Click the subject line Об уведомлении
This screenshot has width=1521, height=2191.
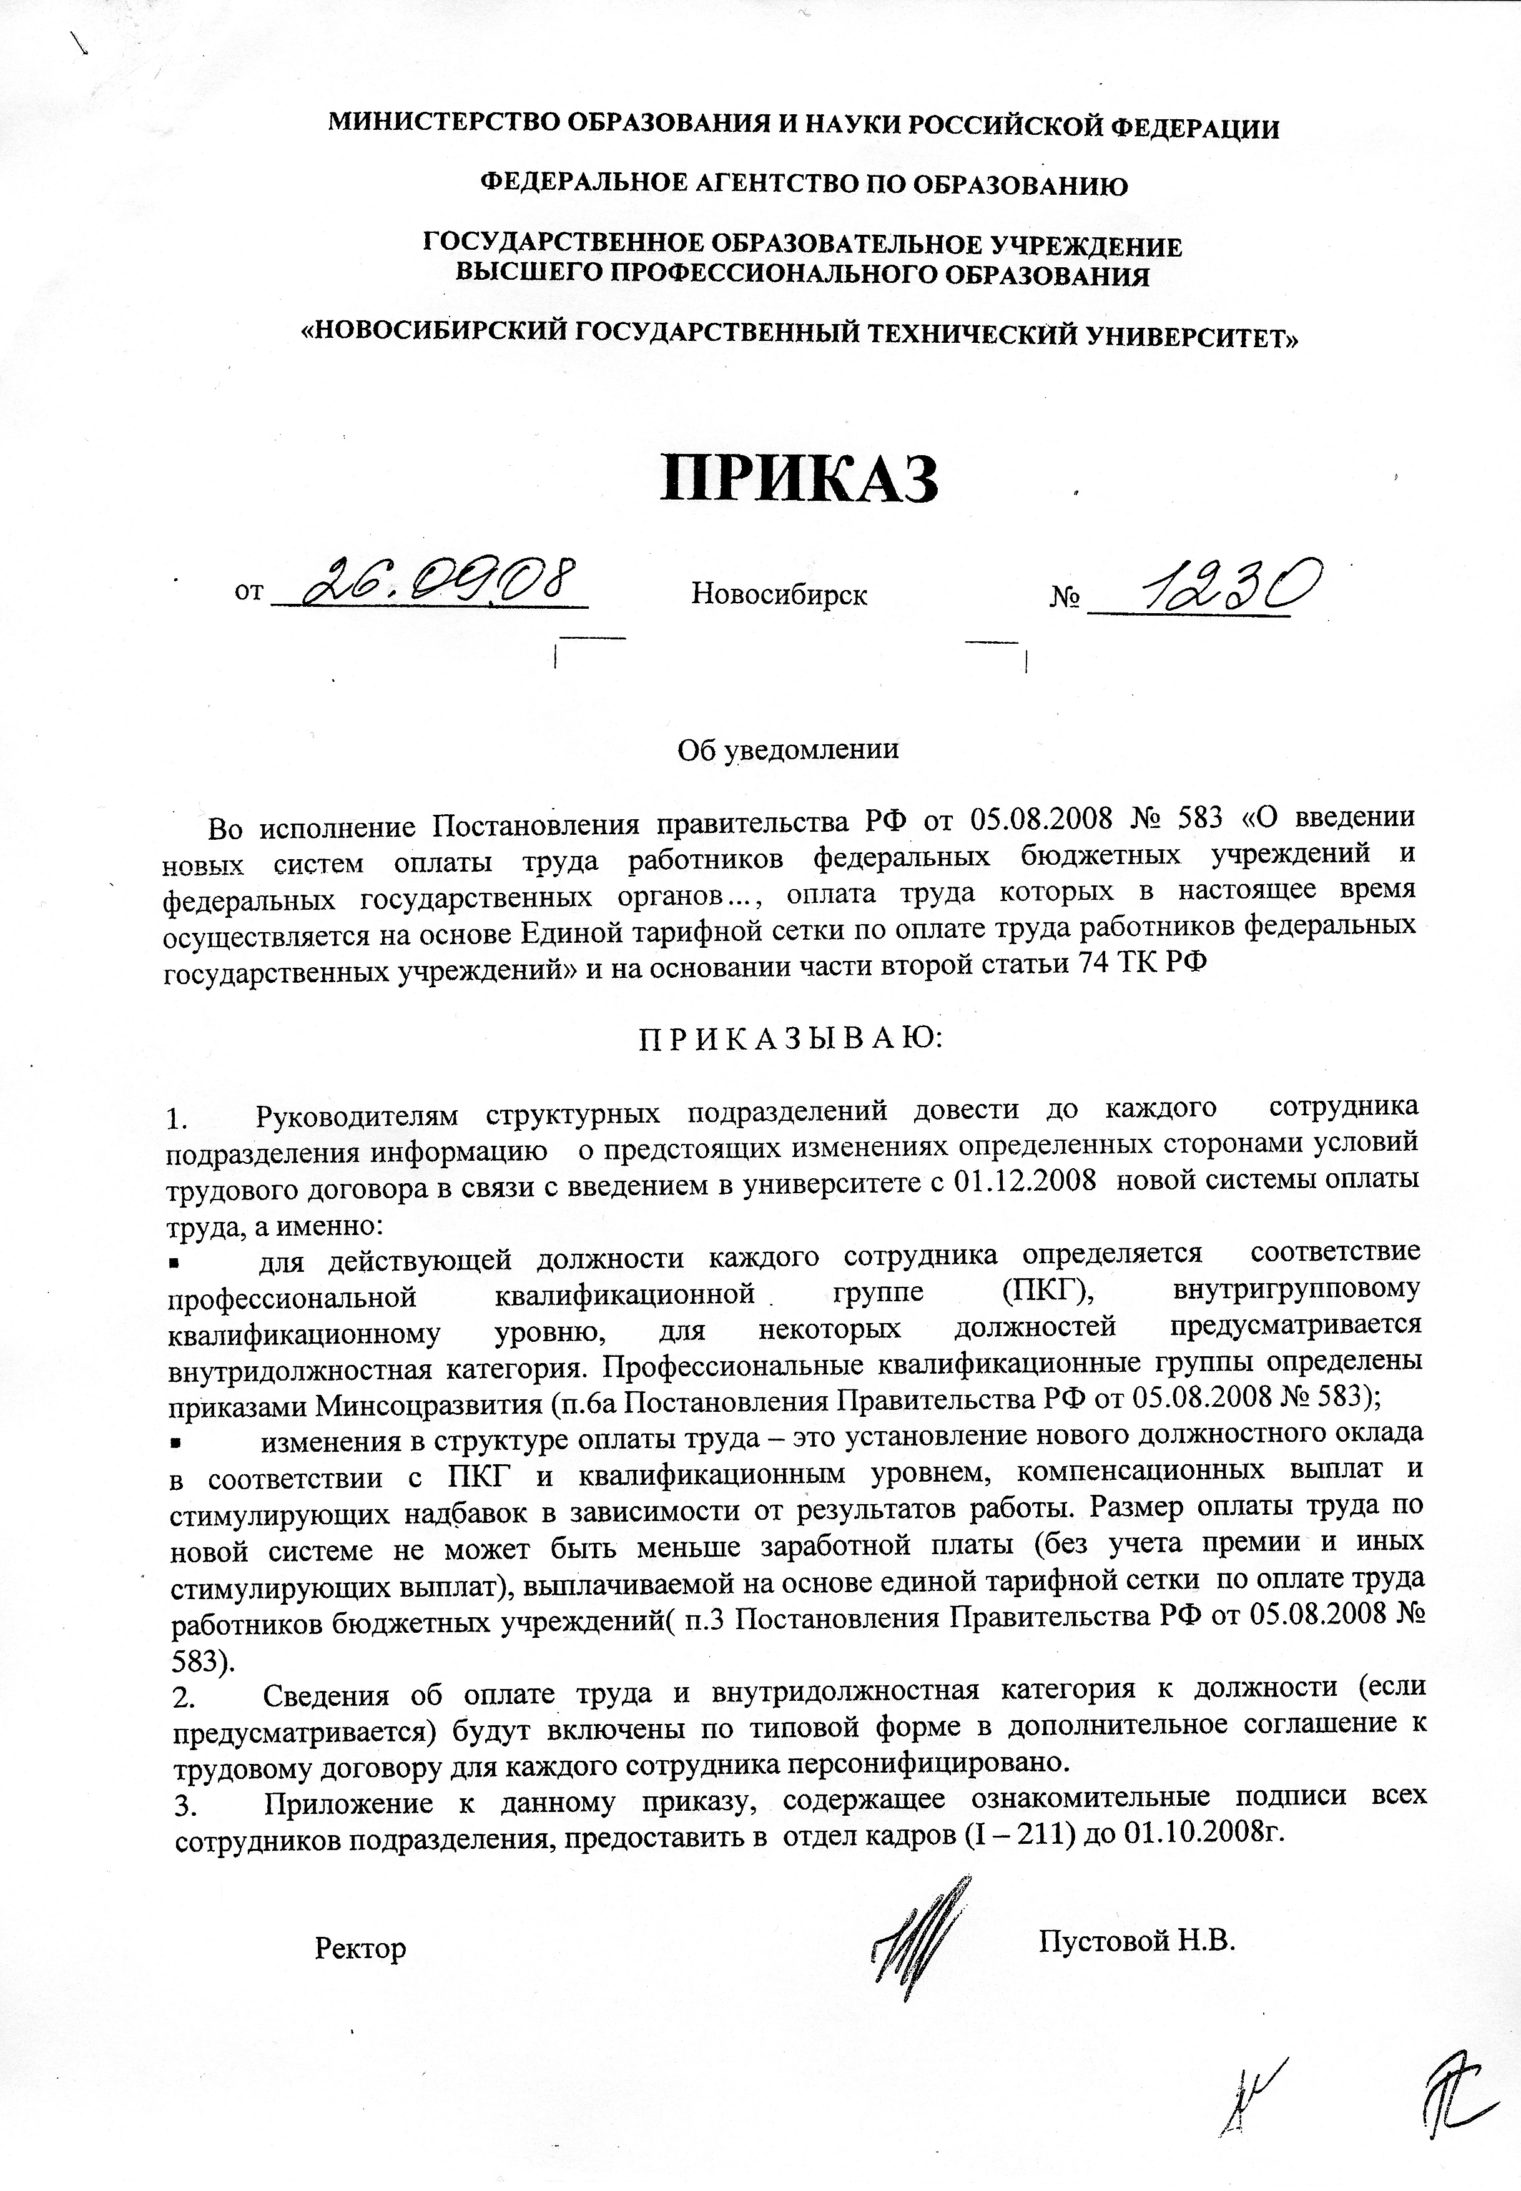787,748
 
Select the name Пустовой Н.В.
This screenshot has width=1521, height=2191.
1137,1246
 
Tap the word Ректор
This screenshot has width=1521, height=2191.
360,1255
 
